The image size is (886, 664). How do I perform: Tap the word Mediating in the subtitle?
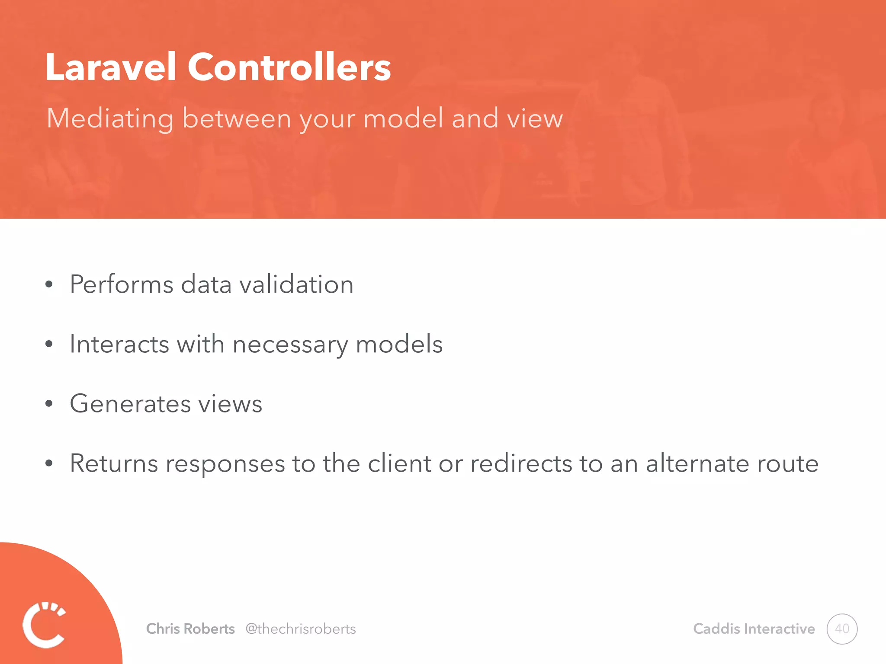coord(110,118)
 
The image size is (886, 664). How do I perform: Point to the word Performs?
coord(122,284)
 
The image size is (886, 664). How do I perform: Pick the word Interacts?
coord(119,344)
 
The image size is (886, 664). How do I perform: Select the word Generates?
coord(130,404)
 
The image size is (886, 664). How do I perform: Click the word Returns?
coord(114,463)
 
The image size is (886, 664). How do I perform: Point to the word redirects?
coord(521,463)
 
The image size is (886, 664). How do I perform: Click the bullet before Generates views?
coord(49,404)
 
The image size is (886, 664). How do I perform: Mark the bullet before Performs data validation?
coord(49,284)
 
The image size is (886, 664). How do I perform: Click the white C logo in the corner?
coord(44,624)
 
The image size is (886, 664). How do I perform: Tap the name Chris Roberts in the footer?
coord(190,629)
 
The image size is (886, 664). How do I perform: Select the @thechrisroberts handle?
coord(301,629)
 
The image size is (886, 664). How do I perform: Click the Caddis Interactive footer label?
coord(754,629)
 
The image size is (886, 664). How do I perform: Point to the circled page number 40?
coord(842,629)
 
